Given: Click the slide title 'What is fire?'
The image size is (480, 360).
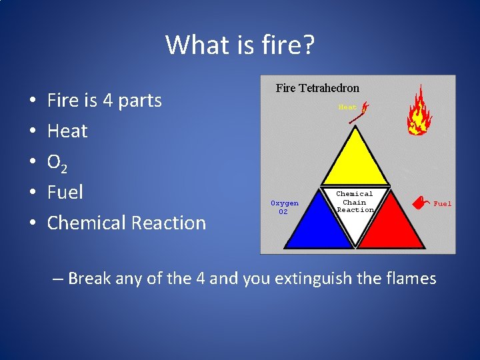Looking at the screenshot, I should click(x=240, y=45).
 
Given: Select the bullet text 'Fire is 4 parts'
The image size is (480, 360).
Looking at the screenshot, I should click(x=104, y=101).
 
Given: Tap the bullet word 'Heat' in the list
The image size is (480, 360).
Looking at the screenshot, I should click(x=67, y=131).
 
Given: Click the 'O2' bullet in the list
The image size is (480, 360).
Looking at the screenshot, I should click(x=58, y=162).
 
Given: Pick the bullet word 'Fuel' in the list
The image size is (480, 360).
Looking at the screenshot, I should click(x=65, y=193).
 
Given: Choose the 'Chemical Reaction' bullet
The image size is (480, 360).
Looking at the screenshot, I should click(x=127, y=223).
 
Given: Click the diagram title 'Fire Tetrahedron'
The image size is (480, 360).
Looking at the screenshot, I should click(x=317, y=88).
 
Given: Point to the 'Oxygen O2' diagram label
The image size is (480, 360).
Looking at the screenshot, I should click(x=284, y=207).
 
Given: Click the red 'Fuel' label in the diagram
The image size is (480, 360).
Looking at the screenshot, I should click(x=442, y=204).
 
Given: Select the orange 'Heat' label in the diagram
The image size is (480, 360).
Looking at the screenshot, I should click(x=347, y=107).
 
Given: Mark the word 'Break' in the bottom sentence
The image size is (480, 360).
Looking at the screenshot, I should click(x=89, y=277).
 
